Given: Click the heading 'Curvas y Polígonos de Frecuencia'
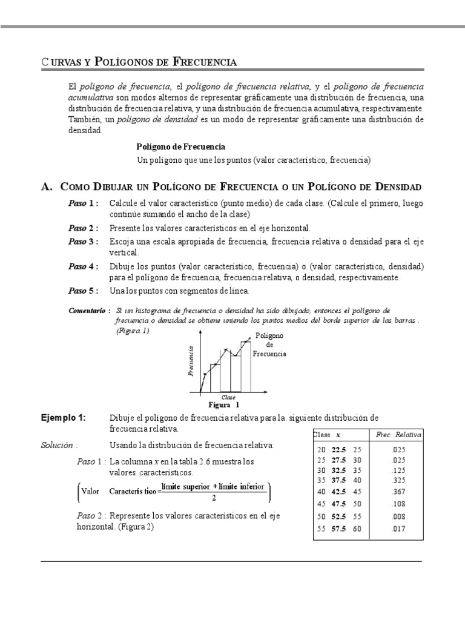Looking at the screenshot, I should click(139, 61).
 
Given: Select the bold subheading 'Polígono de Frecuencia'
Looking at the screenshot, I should click(181, 147).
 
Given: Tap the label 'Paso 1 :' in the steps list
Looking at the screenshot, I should click(84, 203).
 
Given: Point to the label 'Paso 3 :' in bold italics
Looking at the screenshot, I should click(84, 242).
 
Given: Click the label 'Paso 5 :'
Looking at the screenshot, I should click(84, 291).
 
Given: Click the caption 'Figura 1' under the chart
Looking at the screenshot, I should click(224, 404).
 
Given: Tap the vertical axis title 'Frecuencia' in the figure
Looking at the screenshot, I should click(191, 361).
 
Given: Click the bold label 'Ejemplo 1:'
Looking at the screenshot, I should click(64, 418).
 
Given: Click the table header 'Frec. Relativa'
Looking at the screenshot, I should click(398, 435).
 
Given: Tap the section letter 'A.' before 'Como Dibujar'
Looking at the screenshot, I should click(47, 186).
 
